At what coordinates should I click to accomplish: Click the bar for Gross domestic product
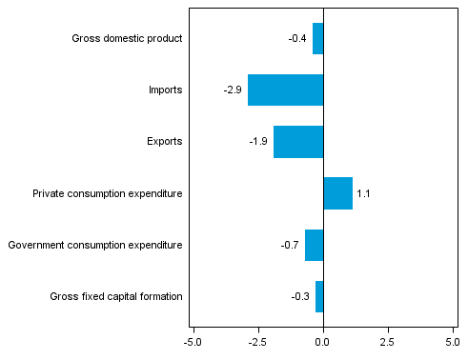point(318,39)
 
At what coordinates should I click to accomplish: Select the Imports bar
point(286,90)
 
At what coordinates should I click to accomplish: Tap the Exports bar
point(298,142)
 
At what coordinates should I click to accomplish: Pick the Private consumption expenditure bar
point(338,193)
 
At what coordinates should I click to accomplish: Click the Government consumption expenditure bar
point(315,245)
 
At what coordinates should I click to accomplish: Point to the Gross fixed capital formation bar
point(319,296)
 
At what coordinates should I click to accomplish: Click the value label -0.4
point(297,39)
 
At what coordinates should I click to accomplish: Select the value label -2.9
point(233,90)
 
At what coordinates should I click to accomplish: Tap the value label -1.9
point(258,142)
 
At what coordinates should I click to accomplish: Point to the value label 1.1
point(362,193)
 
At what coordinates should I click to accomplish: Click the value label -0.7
point(290,245)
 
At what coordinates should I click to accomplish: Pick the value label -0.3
point(300,296)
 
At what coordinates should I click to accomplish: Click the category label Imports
point(165,90)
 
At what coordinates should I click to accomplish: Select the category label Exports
point(165,142)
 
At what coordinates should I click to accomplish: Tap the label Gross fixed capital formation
point(115,296)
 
